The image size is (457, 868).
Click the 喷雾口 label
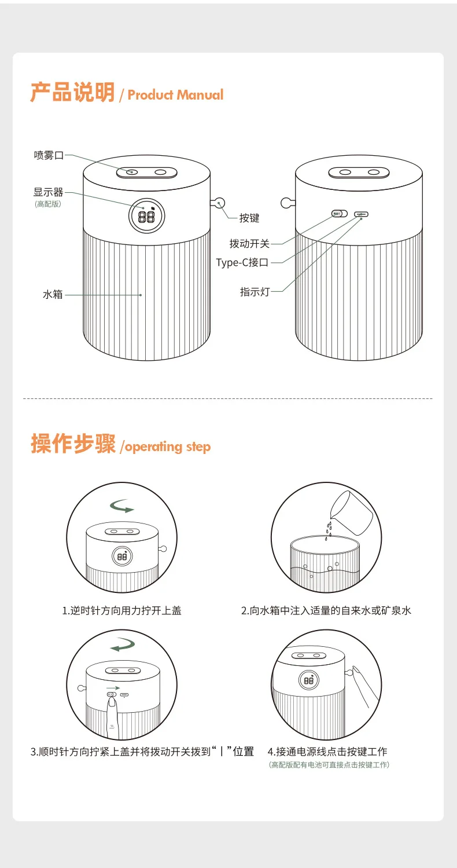pos(49,155)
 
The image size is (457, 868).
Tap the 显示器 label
pos(48,192)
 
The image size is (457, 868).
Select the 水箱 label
pos(53,295)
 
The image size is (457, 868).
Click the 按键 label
pos(249,218)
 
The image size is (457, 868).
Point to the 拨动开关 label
pos(249,244)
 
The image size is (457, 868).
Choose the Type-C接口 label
pos(242,263)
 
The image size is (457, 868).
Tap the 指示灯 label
pos(255,292)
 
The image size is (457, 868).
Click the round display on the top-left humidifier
pos(147,216)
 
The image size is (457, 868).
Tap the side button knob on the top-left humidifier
pos(219,203)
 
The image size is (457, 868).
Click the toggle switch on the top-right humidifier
pos(340,214)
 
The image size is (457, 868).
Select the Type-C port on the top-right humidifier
pos(362,214)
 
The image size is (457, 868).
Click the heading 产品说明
pos(73,92)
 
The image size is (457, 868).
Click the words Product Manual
pos(176,95)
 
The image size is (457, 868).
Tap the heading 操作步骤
pos(73,444)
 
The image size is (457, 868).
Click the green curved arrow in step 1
pos(122,506)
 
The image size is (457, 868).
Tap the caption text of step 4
pos(327,752)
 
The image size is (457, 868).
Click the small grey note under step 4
pos(329,764)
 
